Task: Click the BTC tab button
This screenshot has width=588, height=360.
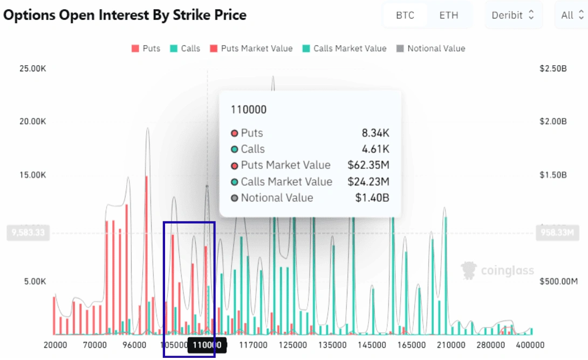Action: [x=405, y=15]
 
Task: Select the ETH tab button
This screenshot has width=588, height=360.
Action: [x=448, y=15]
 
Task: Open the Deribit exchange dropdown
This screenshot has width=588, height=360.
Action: [x=513, y=15]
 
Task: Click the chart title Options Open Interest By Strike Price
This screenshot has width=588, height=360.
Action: [x=125, y=15]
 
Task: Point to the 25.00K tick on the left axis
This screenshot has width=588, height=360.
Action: [x=33, y=69]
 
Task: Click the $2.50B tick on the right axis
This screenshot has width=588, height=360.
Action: [x=553, y=69]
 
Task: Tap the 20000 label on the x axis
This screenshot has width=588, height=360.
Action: [x=55, y=345]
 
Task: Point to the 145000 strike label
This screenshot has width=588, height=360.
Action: [x=373, y=345]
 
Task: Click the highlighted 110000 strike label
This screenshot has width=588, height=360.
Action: [x=207, y=345]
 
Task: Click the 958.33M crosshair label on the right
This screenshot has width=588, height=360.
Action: [x=557, y=233]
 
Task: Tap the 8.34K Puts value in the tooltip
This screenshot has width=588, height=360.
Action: [x=375, y=133]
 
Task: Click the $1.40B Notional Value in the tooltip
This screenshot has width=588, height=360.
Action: [x=372, y=198]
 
